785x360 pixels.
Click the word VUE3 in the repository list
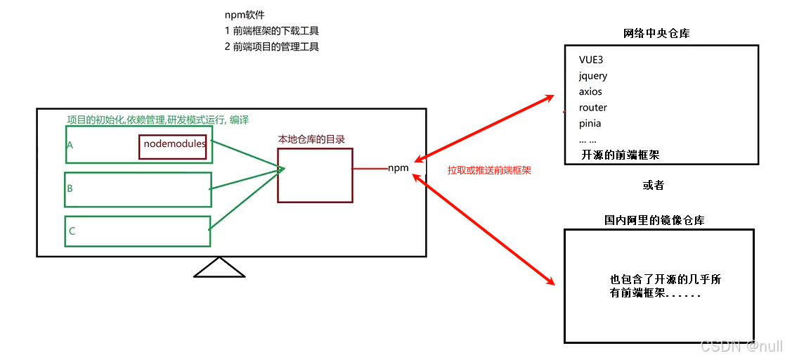[591, 60]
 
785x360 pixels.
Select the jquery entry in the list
[593, 76]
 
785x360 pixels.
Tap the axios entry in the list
[590, 91]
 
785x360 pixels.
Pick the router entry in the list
[593, 108]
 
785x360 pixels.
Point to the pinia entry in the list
[590, 124]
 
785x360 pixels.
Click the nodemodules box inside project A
[174, 146]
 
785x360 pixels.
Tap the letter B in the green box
[70, 188]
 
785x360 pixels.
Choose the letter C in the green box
[72, 231]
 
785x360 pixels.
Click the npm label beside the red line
[398, 168]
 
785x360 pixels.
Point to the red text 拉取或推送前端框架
[489, 170]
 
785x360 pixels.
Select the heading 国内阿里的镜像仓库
[654, 220]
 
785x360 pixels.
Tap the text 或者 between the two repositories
[653, 186]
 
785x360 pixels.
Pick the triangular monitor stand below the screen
[219, 269]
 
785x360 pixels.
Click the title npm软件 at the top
[245, 15]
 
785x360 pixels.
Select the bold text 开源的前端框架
[621, 155]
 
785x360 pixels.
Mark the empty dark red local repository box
[315, 176]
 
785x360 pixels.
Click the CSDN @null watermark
[740, 347]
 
